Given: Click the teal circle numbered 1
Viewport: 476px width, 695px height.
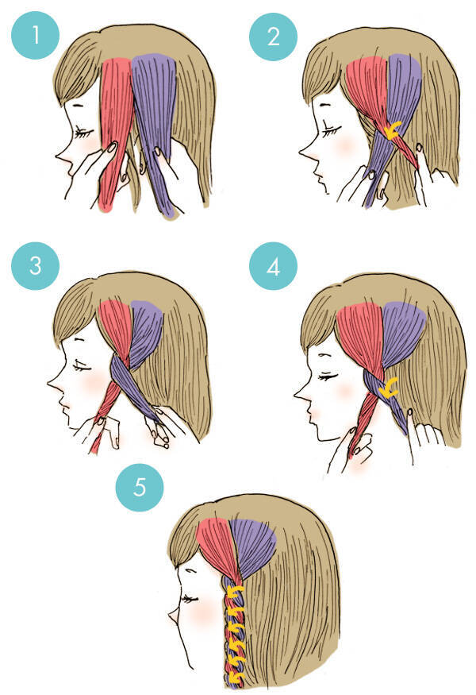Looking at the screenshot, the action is (35, 35).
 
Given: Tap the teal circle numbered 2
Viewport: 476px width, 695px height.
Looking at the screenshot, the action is (273, 37).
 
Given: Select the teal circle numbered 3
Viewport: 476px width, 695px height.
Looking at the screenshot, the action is (35, 266).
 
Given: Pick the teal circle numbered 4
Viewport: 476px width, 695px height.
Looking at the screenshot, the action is (273, 266).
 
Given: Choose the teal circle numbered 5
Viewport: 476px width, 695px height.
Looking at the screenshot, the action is (140, 488).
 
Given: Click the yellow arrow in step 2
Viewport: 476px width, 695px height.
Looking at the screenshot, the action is (393, 129).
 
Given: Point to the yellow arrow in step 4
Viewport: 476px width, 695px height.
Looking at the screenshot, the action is (388, 388).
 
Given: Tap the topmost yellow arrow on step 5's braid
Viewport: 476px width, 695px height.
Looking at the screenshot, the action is (235, 593).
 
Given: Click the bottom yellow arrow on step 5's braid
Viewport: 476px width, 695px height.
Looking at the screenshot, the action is (235, 677).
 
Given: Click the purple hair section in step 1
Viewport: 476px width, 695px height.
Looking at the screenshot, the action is (155, 129).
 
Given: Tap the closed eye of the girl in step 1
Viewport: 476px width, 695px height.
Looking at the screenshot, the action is (85, 132).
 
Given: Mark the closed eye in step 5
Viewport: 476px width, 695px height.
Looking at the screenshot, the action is (190, 599).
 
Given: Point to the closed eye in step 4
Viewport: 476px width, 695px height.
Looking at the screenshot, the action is (327, 376).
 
